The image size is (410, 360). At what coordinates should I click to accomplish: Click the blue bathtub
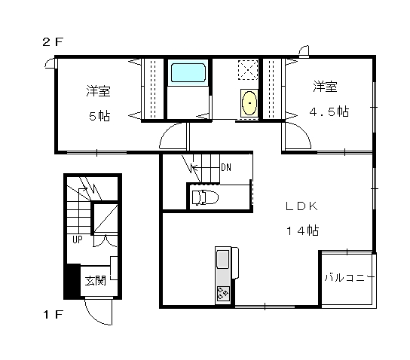[x=188, y=72]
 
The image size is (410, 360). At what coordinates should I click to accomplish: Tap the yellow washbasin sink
[x=249, y=103]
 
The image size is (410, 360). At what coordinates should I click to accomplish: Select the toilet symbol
[x=205, y=197]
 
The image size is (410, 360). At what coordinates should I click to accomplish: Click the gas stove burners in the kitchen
[x=223, y=293]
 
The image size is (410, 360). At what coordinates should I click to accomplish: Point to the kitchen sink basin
[x=223, y=259]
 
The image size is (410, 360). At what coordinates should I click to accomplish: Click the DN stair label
[x=226, y=167]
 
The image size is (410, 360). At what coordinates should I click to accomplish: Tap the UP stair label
[x=78, y=239]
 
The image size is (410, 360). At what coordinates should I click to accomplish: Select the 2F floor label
[x=53, y=42]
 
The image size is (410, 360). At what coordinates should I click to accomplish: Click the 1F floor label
[x=53, y=314]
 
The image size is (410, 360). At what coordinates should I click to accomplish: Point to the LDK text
[x=301, y=206]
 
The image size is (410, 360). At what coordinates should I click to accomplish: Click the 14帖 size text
[x=303, y=230]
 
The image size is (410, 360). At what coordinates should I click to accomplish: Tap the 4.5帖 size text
[x=329, y=111]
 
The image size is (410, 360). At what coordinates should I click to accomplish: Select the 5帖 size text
[x=99, y=116]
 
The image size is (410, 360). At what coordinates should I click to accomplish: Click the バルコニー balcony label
[x=350, y=277]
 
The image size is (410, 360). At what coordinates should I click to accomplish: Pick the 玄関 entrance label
[x=96, y=281]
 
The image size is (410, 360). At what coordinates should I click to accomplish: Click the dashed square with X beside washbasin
[x=248, y=70]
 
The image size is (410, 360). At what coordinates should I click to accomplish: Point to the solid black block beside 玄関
[x=72, y=281]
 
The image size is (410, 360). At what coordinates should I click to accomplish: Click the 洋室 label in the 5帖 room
[x=98, y=91]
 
